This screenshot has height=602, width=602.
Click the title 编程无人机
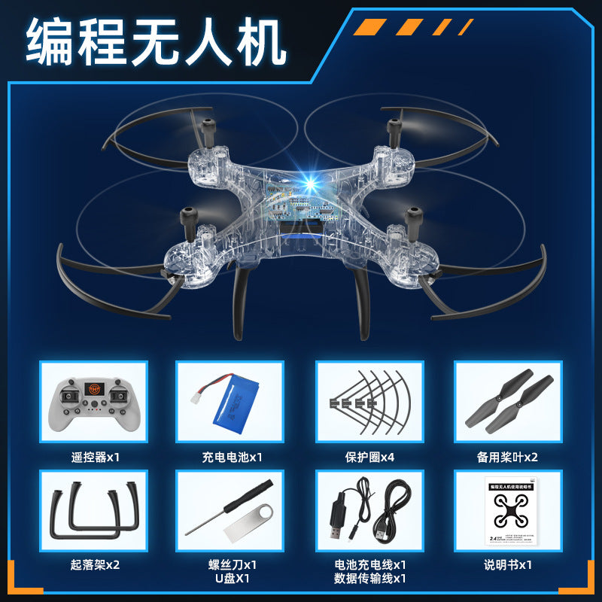pyautogui.click(x=156, y=43)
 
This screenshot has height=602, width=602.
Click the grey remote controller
pyautogui.click(x=93, y=403)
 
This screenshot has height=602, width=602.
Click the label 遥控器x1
pyautogui.click(x=93, y=457)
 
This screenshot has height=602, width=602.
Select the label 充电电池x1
pyautogui.click(x=232, y=457)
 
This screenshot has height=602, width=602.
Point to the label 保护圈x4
pyautogui.click(x=369, y=457)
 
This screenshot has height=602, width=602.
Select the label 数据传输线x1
pyautogui.click(x=369, y=579)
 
